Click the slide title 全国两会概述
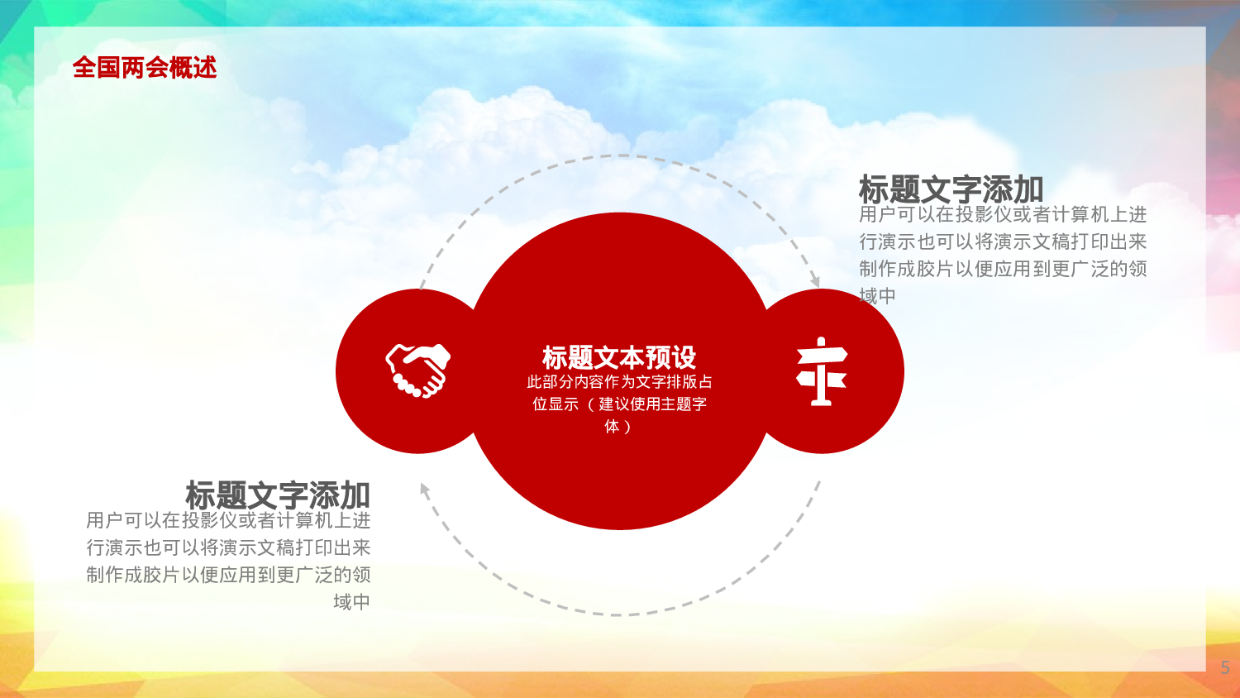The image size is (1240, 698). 145,67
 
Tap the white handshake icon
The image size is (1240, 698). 418,370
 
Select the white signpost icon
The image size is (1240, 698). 821,371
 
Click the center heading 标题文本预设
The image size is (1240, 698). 619,357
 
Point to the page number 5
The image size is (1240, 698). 1224,667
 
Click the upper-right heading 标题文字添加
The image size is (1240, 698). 951,189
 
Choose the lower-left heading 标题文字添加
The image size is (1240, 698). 278,495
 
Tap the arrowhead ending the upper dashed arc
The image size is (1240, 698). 815,281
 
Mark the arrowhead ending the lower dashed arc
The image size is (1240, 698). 424,490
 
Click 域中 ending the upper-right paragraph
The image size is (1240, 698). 877,295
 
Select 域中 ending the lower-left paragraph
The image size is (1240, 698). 351,601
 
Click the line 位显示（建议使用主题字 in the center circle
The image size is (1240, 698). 619,404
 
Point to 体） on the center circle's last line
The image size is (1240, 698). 618,426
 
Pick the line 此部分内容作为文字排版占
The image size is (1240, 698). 619,381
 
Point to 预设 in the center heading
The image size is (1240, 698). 670,357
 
